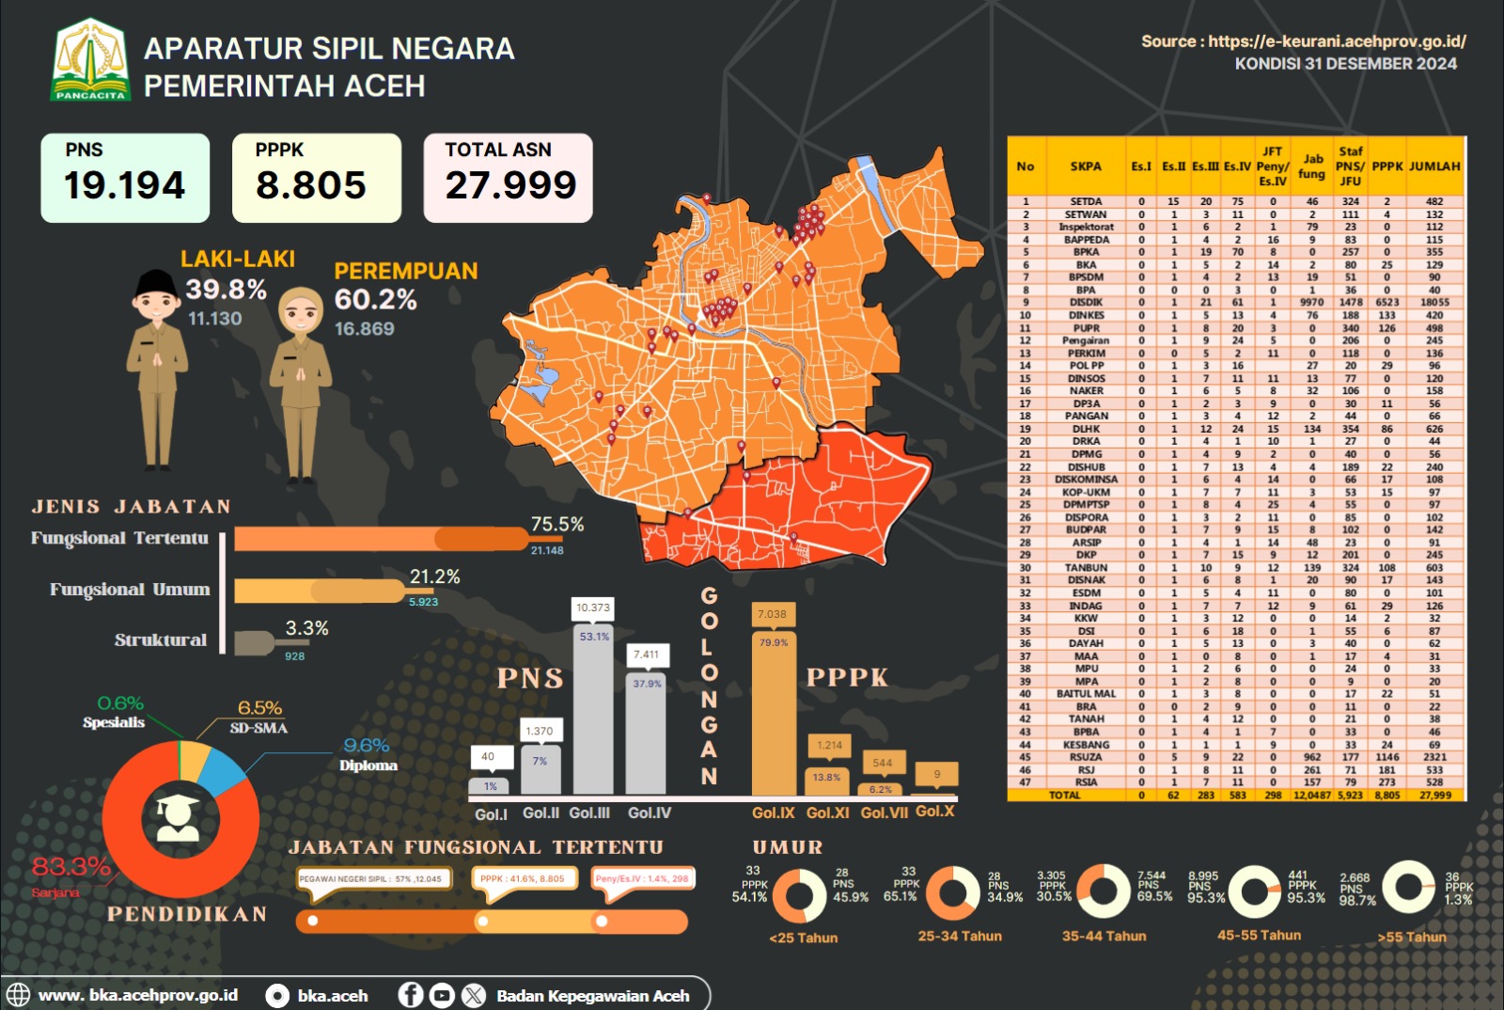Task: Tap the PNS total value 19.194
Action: click(x=124, y=185)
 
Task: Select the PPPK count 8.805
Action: click(x=310, y=185)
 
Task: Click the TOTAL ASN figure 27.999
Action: click(x=510, y=185)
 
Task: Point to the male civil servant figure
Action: click(x=157, y=367)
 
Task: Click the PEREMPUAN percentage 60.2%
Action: click(x=375, y=300)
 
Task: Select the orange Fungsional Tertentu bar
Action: click(x=381, y=539)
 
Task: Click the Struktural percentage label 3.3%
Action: click(x=306, y=628)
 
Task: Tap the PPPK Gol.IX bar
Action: click(x=774, y=715)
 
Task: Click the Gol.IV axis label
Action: click(x=650, y=813)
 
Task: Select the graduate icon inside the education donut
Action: click(x=179, y=817)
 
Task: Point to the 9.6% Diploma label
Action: click(x=367, y=746)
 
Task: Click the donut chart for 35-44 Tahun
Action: click(x=1104, y=891)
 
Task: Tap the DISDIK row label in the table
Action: click(x=1086, y=303)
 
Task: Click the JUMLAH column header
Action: click(x=1434, y=166)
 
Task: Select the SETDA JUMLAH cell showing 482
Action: click(x=1434, y=201)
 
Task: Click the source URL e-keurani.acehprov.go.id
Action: click(x=1337, y=41)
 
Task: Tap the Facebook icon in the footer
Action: click(x=411, y=995)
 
